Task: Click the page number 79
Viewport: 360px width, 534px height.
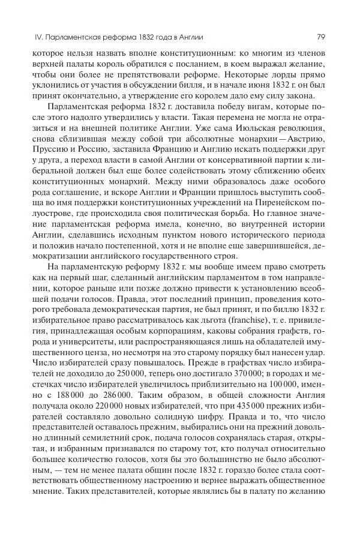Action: point(321,37)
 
